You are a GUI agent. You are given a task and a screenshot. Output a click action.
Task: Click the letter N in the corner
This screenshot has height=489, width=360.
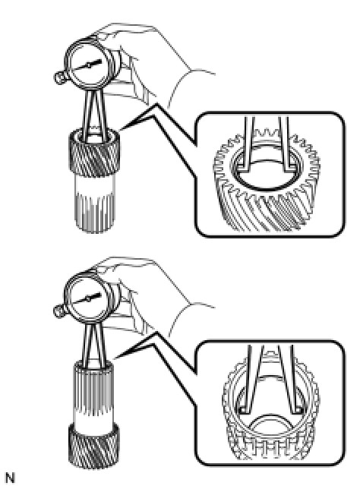[10, 478]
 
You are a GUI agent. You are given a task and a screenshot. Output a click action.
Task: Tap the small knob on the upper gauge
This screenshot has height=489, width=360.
[59, 77]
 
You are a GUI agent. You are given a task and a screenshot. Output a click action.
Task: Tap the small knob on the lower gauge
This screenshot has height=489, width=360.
[59, 311]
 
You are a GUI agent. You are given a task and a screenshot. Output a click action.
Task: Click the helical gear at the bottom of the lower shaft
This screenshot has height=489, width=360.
[93, 445]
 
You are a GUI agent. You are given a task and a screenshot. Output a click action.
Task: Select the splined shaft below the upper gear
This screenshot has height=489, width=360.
[94, 203]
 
